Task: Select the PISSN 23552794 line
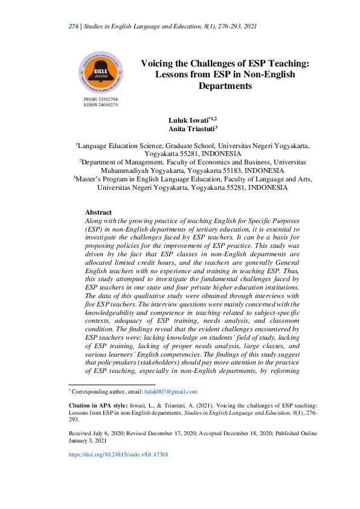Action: click(x=101, y=99)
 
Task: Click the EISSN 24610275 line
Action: click(x=101, y=105)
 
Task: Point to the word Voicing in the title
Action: click(x=158, y=62)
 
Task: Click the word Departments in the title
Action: click(x=225, y=86)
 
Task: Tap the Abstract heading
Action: click(x=98, y=213)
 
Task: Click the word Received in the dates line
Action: click(x=81, y=433)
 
